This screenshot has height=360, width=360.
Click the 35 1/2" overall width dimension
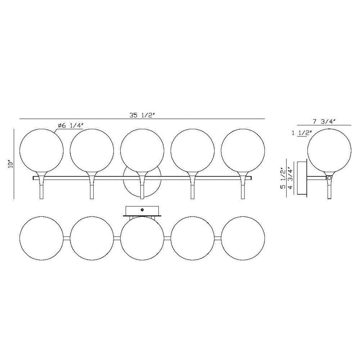[x=141, y=115]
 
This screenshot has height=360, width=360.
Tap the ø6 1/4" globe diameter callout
[x=71, y=126]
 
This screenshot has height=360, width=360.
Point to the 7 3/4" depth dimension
[x=324, y=121]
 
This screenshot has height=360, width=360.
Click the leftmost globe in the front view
[x=41, y=150]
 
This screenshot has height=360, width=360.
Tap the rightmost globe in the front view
[x=243, y=150]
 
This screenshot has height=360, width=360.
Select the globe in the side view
[x=329, y=150]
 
